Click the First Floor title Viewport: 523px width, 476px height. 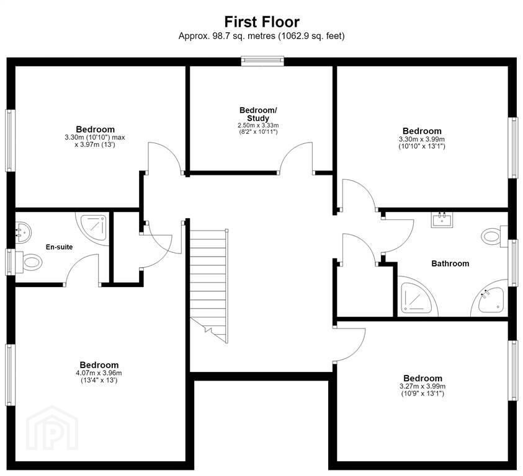pos(262,22)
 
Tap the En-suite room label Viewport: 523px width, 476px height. pos(59,247)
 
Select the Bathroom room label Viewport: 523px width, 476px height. pos(450,263)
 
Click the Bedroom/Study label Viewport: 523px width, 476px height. pos(258,114)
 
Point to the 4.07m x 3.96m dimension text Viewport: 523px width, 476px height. pos(99,373)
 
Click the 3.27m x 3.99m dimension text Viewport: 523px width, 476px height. pos(422,386)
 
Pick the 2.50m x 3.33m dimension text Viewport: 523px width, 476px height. pos(258,125)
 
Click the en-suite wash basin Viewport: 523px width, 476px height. pos(23,231)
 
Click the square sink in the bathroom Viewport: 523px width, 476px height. pos(442,219)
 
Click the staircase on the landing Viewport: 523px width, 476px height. pos(209,285)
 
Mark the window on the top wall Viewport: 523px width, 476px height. pos(263,61)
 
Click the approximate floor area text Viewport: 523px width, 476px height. pos(262,36)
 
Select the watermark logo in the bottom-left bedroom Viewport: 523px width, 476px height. pos(52,428)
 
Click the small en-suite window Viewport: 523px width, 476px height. pos(11,262)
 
